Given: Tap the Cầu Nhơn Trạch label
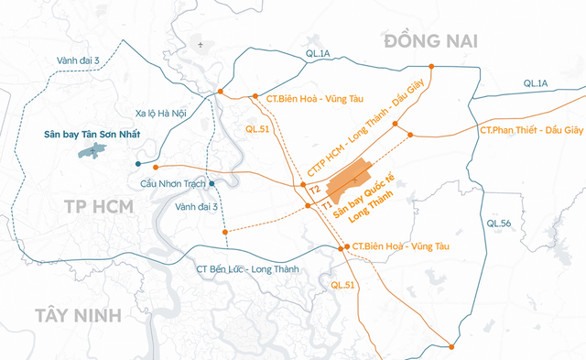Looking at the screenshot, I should [171, 183].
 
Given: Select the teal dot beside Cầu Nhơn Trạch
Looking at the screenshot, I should [212, 184].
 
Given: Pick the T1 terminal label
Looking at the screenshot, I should [325, 208].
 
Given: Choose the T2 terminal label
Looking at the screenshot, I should [314, 189].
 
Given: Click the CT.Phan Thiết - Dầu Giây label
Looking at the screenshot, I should [531, 131].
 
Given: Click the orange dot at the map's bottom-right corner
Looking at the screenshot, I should [451, 345].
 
